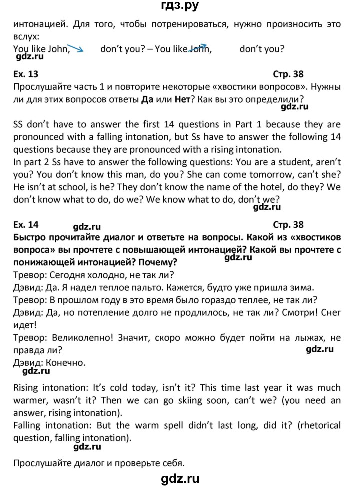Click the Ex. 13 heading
[x=26, y=74]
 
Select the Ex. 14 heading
[x=26, y=225]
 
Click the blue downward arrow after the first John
[x=76, y=48]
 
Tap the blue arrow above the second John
[x=198, y=46]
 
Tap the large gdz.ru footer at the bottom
[x=179, y=479]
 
